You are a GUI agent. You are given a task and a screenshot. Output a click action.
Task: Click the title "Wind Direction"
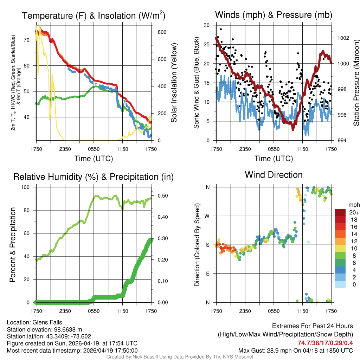pos(274,175)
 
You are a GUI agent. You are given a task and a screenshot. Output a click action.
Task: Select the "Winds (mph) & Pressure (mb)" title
pos(274,15)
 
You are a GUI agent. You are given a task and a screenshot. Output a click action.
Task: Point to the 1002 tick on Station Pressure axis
pos(342,38)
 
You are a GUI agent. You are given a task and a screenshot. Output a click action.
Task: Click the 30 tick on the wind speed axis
pos(207,25)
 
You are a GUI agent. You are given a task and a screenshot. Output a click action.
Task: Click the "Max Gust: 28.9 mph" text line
pos(295,350)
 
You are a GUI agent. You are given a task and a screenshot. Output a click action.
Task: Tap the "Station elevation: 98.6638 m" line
pos(44,329)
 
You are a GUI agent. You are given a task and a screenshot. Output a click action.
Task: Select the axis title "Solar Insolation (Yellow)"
pos(174,83)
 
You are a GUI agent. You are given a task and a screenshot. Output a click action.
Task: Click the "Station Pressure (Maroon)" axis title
pos(356,83)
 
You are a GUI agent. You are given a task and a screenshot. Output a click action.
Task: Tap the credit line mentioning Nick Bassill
pos(180,357)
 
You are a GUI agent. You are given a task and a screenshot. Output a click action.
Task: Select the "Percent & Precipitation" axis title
pos(13,245)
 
